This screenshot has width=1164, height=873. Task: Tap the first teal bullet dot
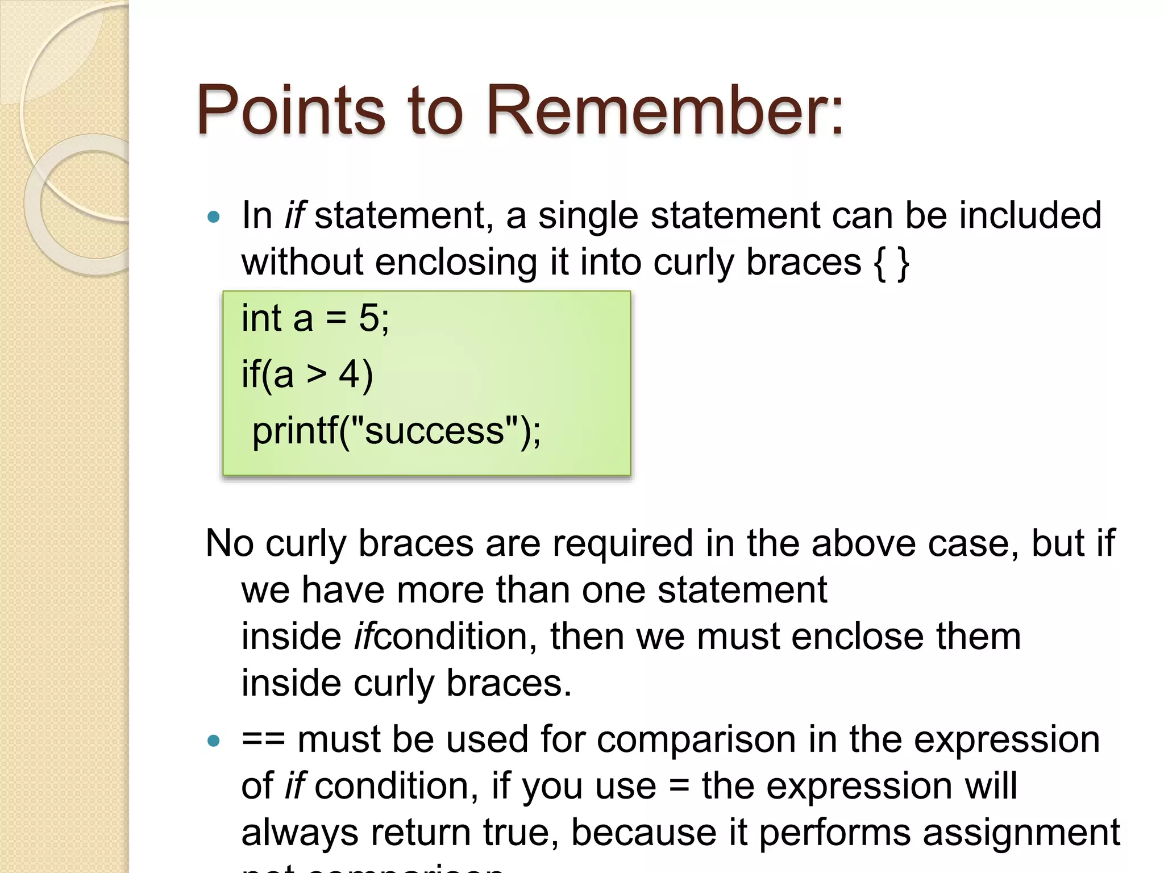(x=214, y=217)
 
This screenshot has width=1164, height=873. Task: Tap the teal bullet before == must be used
(x=214, y=741)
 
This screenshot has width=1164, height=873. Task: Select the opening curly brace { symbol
(x=879, y=264)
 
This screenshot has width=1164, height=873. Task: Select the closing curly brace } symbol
(x=903, y=264)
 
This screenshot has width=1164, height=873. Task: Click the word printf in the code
(x=295, y=431)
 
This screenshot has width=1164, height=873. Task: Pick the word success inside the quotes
(x=434, y=431)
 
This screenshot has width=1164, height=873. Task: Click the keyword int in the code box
(x=261, y=318)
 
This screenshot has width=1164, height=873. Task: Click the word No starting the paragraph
(x=229, y=543)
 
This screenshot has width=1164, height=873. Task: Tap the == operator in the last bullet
(x=263, y=741)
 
